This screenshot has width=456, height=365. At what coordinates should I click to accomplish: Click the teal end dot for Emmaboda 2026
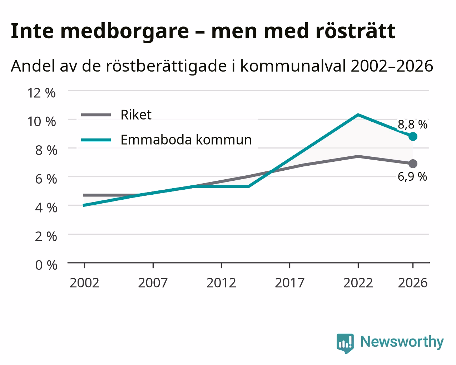[413, 136]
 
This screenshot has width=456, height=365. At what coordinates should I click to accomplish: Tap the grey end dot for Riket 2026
[413, 164]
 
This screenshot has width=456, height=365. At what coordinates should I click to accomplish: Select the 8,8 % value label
[412, 125]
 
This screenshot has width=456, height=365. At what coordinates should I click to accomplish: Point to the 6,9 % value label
[412, 176]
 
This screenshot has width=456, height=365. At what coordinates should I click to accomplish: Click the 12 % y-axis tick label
[41, 93]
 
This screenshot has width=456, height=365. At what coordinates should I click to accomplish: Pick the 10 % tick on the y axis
[41, 122]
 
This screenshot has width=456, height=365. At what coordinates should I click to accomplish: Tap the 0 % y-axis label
[46, 265]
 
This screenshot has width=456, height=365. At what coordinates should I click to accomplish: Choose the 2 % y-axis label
[46, 237]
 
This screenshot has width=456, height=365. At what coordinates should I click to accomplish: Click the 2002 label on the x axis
[84, 283]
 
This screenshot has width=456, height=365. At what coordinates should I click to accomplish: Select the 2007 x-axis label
[153, 283]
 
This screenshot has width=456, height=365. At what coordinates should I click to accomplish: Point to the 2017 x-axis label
[290, 283]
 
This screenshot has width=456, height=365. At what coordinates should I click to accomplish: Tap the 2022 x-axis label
[358, 283]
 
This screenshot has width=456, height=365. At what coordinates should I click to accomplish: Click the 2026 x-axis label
[413, 283]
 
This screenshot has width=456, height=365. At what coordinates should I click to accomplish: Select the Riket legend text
[136, 115]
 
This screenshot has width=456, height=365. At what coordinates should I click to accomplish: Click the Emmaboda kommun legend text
[186, 140]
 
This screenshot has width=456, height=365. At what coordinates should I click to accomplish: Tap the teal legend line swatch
[96, 140]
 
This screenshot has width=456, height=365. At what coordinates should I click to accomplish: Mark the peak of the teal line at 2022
[358, 115]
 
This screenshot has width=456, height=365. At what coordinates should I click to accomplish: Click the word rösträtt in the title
[355, 31]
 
